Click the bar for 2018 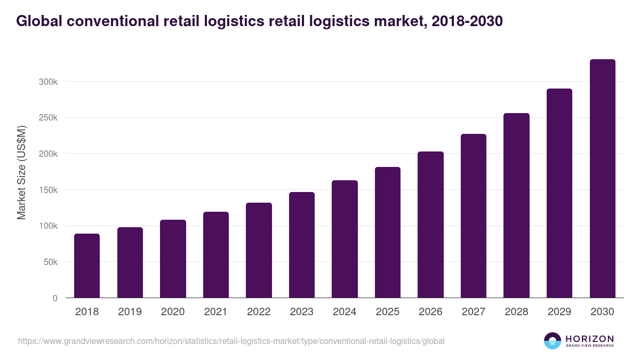pos(87,266)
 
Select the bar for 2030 pos(602,179)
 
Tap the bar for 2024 pos(345,239)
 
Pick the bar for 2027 pos(474,216)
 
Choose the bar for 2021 pos(216,255)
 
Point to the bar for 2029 pos(559,193)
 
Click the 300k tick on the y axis pos(48,82)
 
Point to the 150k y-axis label pos(48,190)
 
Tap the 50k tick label pos(50,262)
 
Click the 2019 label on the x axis pos(130,312)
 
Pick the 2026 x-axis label pos(430,312)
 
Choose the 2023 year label pos(301,312)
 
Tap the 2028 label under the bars pos(516,312)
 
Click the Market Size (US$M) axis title pos(22,172)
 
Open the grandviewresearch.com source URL pos(231,341)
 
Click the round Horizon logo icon pos(553,341)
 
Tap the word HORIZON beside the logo pos(589,339)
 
